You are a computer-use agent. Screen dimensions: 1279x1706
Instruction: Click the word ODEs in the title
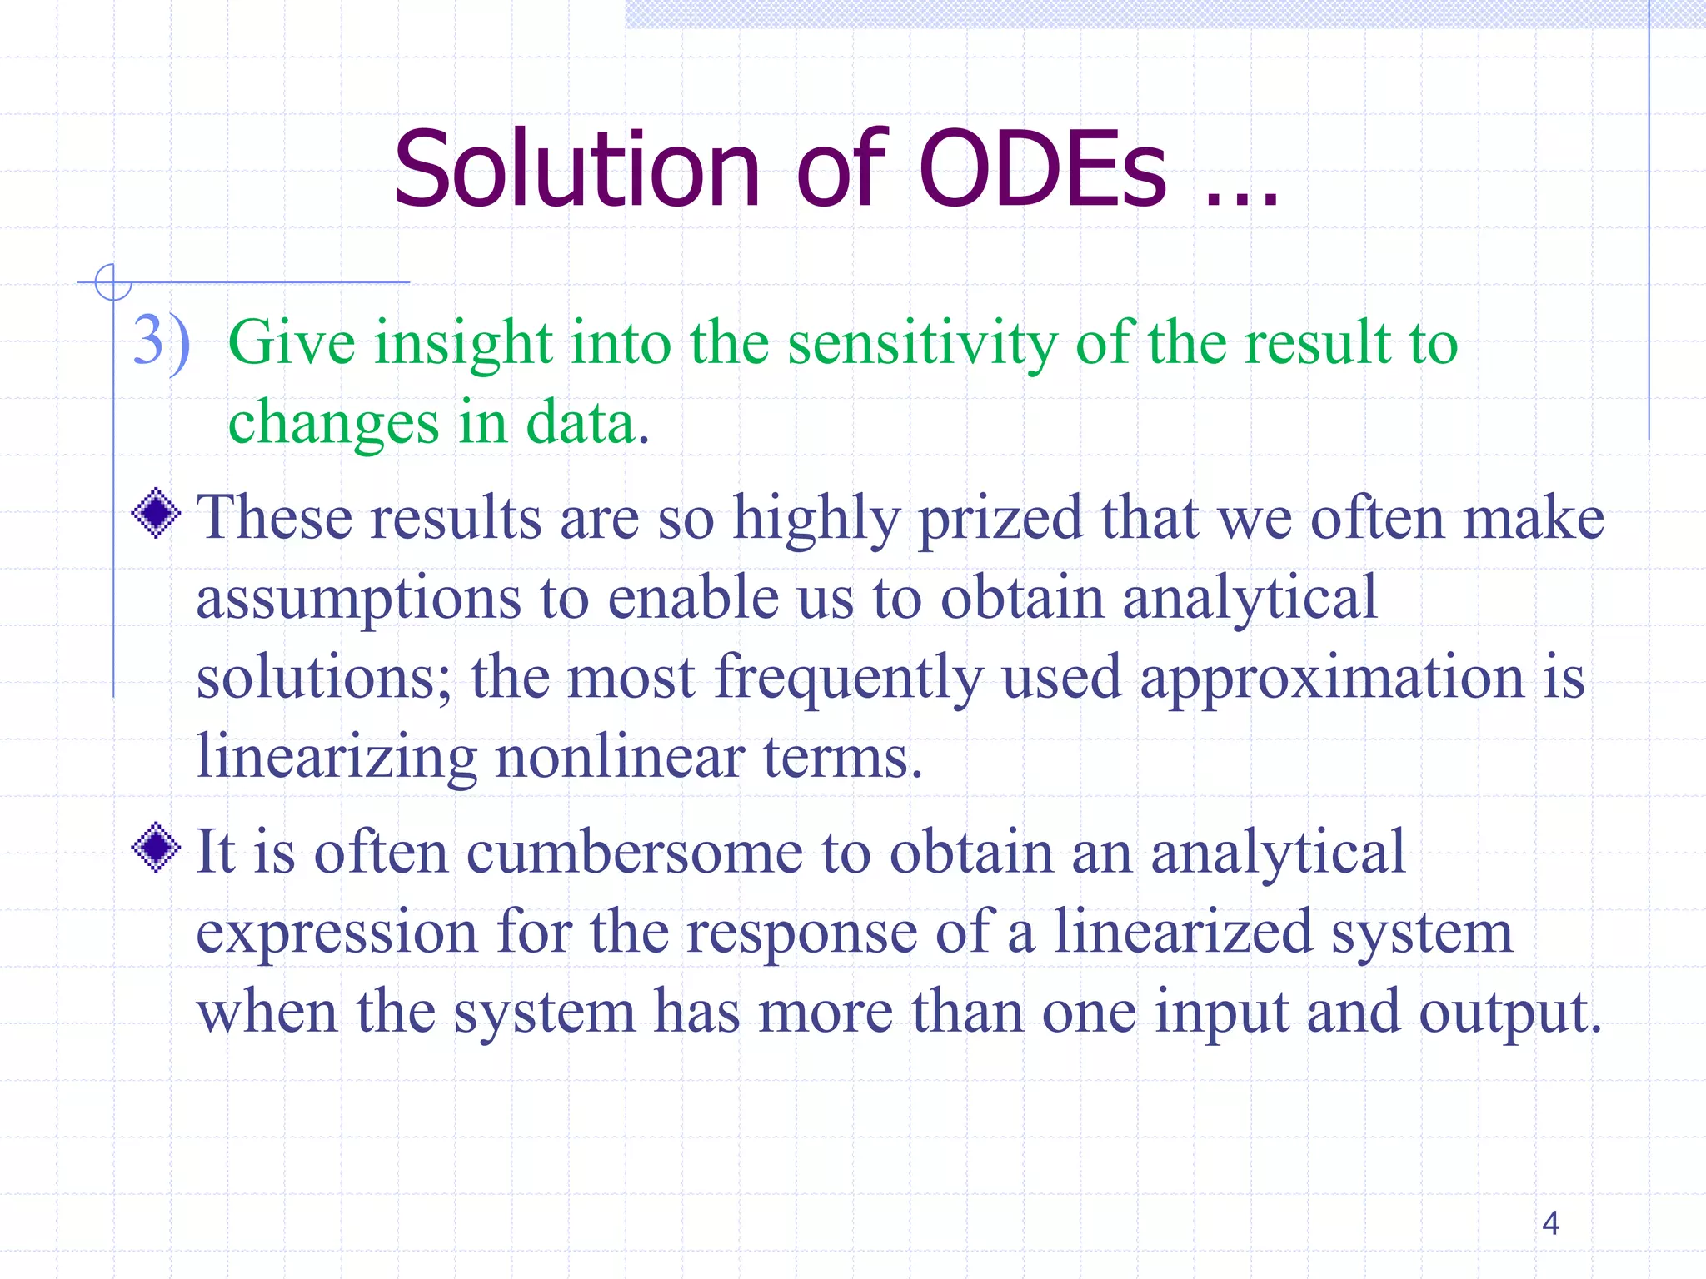pos(1043,169)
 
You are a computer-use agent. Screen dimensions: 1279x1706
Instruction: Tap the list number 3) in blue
pos(162,341)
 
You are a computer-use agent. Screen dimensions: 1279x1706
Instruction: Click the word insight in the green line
pos(463,343)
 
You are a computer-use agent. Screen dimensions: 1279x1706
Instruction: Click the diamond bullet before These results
pos(157,514)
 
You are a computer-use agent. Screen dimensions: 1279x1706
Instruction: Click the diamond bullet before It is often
pos(157,848)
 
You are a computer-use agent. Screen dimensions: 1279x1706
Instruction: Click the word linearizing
pos(337,758)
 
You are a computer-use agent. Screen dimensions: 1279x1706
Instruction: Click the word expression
pos(337,934)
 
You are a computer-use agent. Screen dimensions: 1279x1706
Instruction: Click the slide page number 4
pos(1550,1223)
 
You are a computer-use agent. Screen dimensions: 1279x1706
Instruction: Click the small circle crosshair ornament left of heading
pos(112,282)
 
